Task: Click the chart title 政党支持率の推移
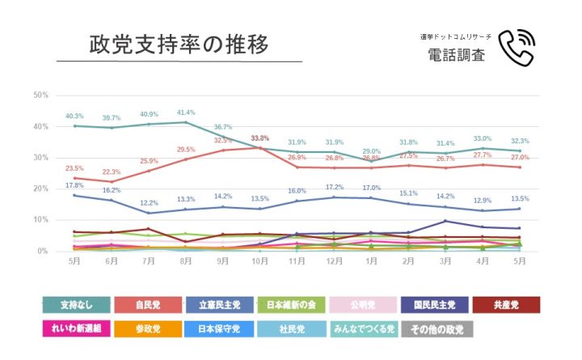(x=179, y=44)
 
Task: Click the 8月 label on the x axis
(x=186, y=260)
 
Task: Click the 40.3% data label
(x=75, y=116)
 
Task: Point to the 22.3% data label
(x=112, y=172)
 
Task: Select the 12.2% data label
(x=149, y=203)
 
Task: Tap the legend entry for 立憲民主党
(x=220, y=305)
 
